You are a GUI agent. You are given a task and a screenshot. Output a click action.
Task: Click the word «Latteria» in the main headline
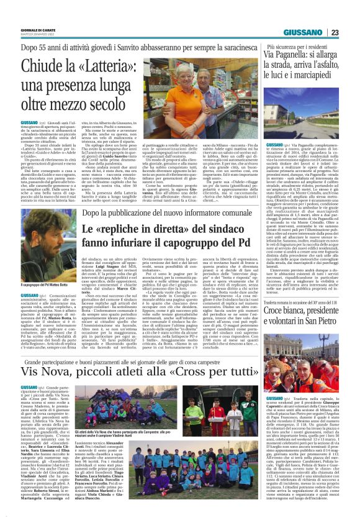pyautogui.click(x=96, y=65)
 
